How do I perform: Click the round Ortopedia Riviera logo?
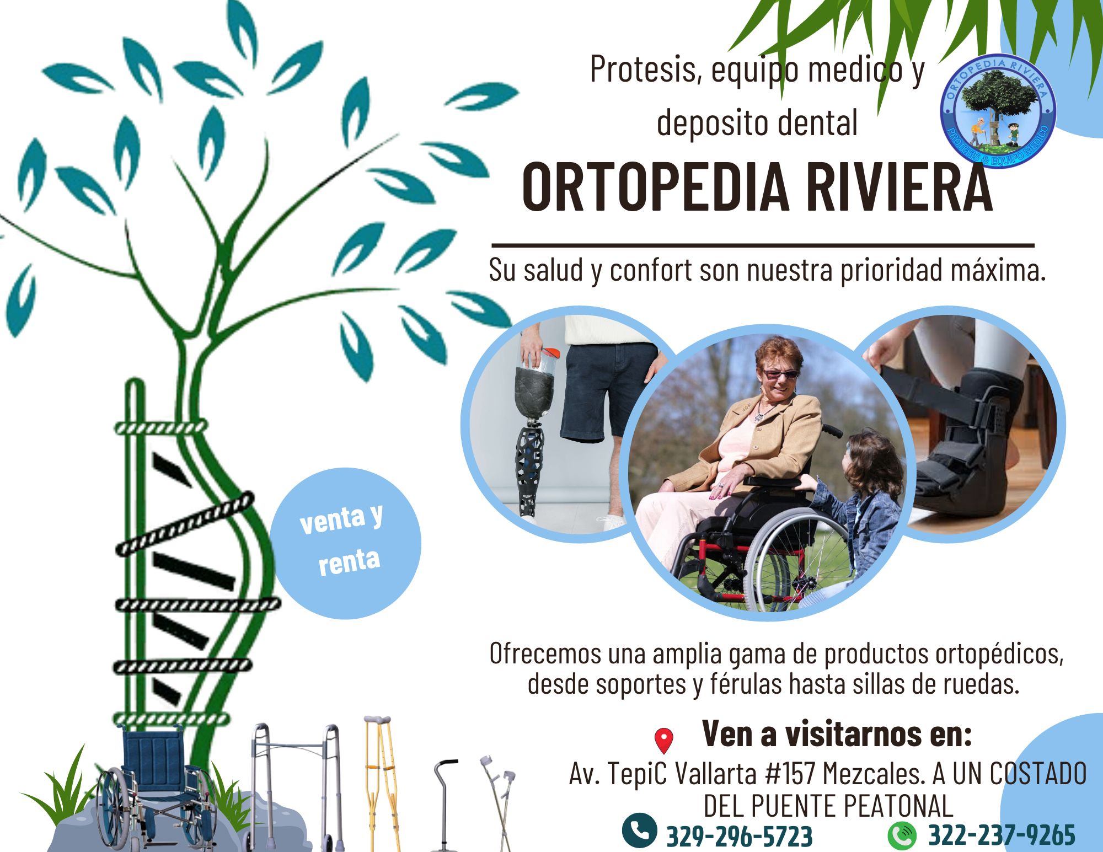tap(998, 111)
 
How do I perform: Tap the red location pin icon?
tap(664, 741)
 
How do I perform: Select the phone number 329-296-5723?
tap(740, 836)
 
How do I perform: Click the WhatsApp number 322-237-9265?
tap(1002, 834)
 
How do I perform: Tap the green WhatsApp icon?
tap(902, 834)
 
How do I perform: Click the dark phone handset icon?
tap(639, 830)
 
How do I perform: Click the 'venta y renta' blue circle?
tap(345, 543)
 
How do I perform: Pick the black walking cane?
tap(445, 805)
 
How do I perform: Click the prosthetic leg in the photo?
tap(533, 436)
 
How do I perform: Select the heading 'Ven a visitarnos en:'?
tap(837, 733)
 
